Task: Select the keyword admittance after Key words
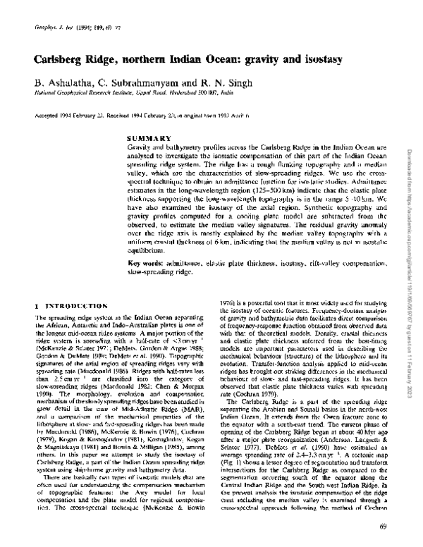point(194,262)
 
